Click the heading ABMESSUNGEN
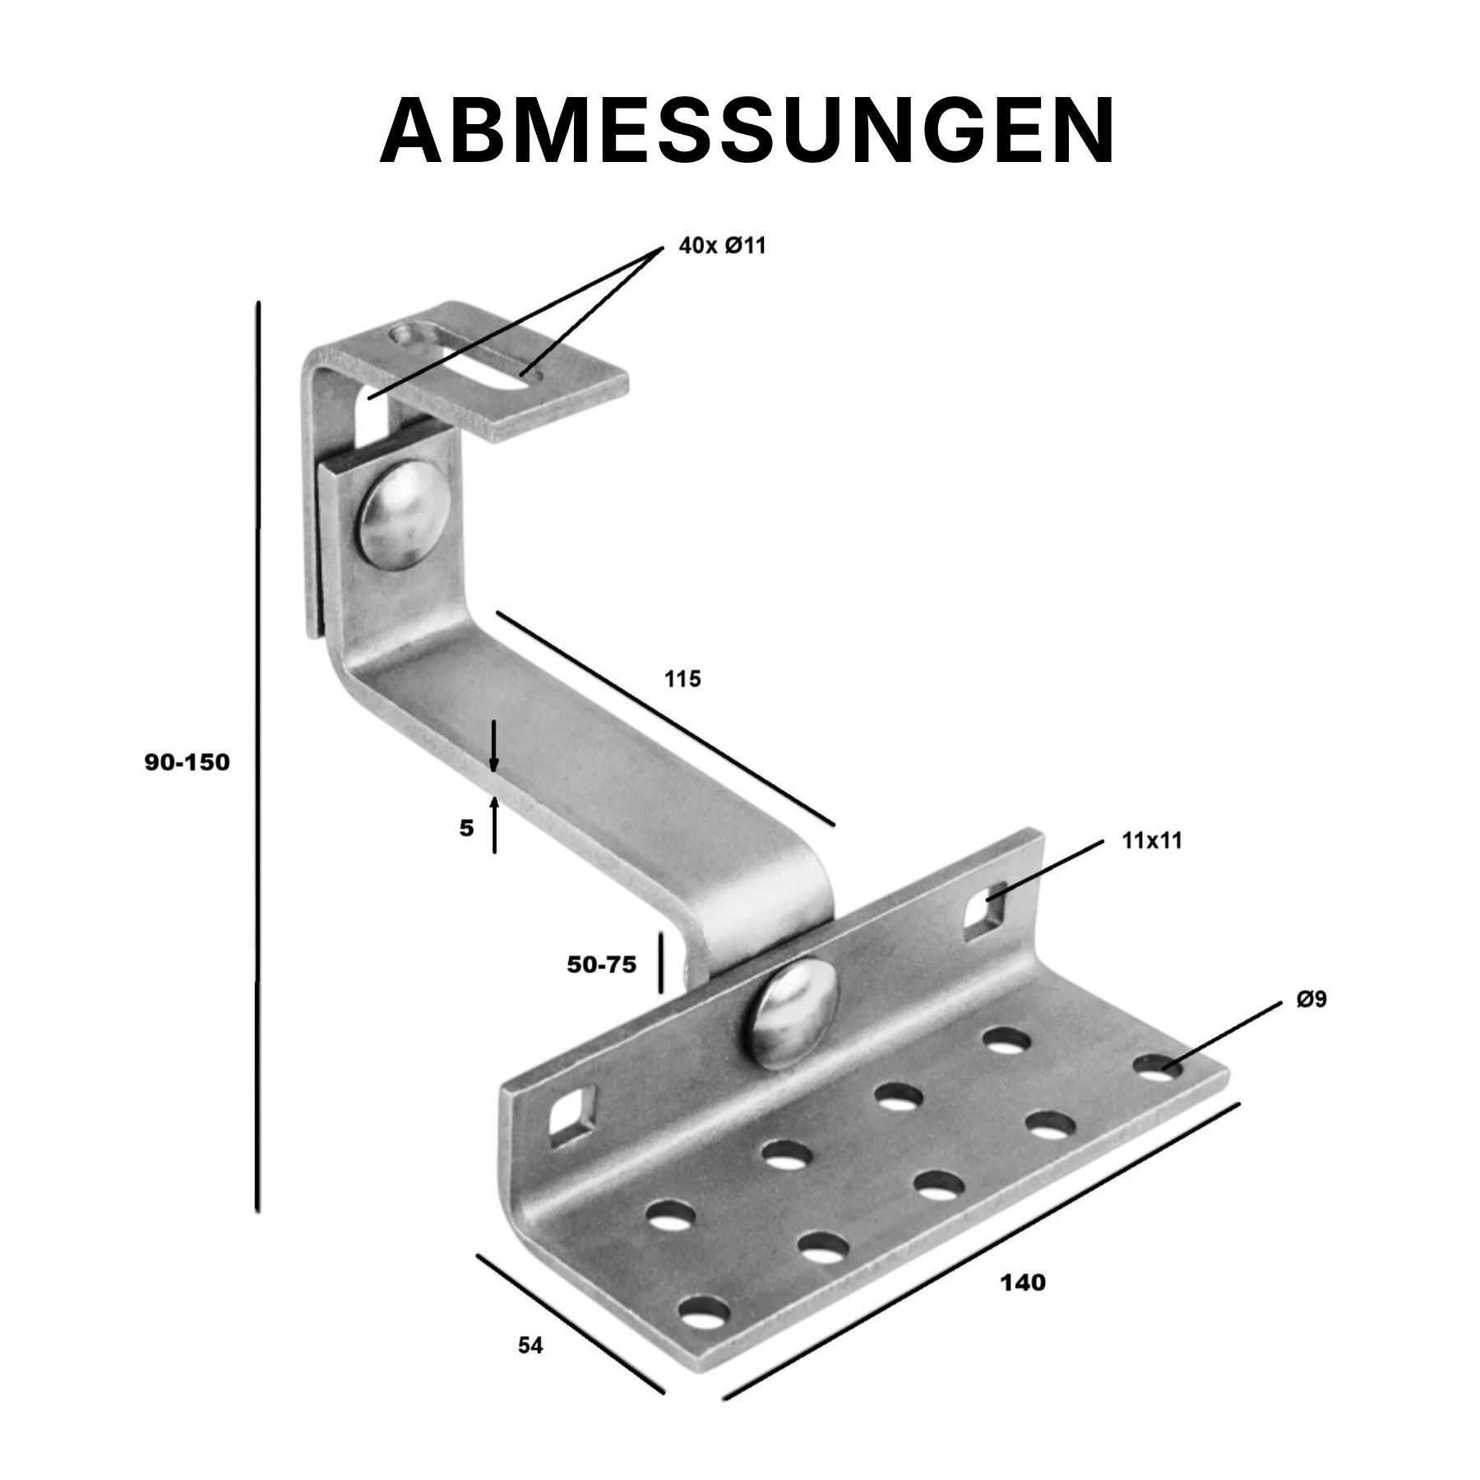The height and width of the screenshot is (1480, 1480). (x=747, y=132)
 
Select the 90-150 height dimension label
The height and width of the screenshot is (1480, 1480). (x=187, y=762)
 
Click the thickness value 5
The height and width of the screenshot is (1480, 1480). (x=466, y=828)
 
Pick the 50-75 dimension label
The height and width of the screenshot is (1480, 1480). (x=602, y=965)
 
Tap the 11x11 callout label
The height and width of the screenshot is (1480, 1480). (x=1150, y=840)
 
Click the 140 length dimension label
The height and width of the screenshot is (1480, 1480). (x=1023, y=1305)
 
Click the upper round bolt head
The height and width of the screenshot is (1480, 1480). (x=400, y=515)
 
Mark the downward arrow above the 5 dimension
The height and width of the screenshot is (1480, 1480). (x=493, y=747)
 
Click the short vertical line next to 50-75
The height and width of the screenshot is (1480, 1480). (x=659, y=962)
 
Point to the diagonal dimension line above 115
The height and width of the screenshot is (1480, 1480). (x=665, y=718)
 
